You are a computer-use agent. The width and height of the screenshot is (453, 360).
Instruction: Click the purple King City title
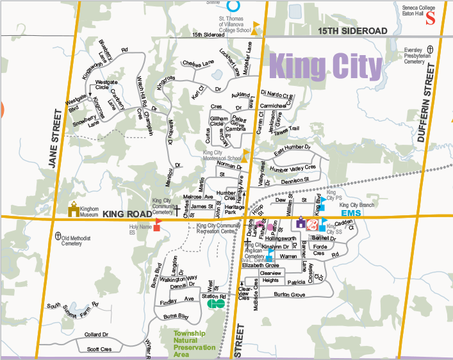[325, 66]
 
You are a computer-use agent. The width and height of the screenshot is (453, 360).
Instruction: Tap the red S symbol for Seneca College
[431, 19]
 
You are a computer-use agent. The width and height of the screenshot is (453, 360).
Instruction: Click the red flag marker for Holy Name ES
[157, 227]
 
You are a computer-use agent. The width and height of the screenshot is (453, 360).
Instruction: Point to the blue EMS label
[351, 213]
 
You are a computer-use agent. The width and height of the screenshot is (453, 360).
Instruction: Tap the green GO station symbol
[216, 304]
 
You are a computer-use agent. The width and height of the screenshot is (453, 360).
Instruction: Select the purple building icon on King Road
[301, 223]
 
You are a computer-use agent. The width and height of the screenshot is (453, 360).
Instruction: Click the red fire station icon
[313, 224]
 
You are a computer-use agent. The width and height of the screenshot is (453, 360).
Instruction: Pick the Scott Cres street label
[98, 349]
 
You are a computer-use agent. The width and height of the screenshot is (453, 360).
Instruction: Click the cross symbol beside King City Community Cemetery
[175, 209]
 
